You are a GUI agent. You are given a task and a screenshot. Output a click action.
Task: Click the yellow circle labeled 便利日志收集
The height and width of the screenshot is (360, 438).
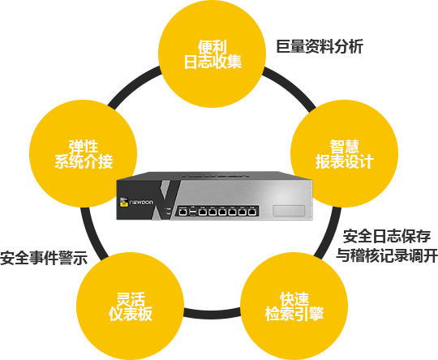point(212,54)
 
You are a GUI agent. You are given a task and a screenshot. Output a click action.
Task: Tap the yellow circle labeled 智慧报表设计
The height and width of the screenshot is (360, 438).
point(345,153)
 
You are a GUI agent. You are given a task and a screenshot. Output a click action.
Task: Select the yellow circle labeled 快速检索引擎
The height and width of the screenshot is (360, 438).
point(294,306)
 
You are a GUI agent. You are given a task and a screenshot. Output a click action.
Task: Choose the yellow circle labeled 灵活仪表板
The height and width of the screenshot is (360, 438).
point(130,306)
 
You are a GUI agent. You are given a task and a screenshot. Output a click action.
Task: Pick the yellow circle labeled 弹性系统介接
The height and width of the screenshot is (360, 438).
point(84,153)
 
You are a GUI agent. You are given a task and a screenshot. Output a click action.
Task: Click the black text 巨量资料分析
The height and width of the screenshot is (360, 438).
point(320,46)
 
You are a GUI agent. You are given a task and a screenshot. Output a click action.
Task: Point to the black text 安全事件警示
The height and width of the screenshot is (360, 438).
point(44,258)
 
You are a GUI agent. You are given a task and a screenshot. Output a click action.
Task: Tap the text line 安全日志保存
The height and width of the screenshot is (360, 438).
point(387,236)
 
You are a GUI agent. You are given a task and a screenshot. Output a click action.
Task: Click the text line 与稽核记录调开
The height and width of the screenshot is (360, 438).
point(387,255)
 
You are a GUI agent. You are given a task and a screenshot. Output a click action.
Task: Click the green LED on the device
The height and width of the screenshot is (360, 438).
point(165,208)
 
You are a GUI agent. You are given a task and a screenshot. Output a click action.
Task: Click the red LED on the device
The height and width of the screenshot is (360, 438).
point(165,213)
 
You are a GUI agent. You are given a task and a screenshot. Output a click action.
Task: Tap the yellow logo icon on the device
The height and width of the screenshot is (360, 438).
point(124,202)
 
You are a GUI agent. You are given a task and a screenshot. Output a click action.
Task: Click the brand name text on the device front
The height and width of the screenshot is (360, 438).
point(142,202)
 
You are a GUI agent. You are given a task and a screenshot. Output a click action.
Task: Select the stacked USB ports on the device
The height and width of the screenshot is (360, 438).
point(192,212)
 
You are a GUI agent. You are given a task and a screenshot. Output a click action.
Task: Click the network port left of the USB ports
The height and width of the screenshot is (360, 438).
point(183,212)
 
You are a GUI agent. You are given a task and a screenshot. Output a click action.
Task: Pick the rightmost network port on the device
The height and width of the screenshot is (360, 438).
point(251,212)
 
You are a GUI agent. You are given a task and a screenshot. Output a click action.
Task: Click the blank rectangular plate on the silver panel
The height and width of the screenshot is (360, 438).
point(289,211)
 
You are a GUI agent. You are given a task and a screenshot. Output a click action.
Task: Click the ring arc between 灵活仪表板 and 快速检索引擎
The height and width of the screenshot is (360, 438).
point(212,312)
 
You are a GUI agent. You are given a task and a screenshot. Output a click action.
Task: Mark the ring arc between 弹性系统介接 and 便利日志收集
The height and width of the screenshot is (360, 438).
point(132,86)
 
